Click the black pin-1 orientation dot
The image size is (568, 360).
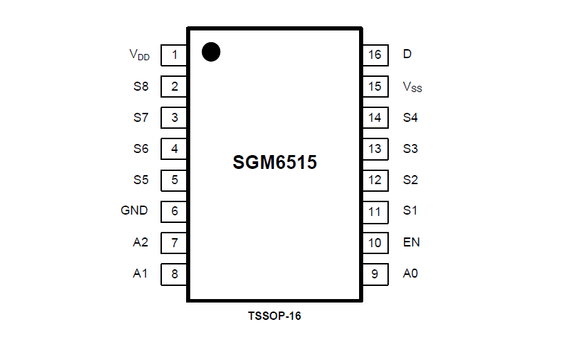click(x=211, y=52)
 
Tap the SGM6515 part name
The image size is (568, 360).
click(x=275, y=163)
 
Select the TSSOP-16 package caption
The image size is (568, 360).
click(x=275, y=316)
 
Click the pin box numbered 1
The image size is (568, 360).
click(x=174, y=55)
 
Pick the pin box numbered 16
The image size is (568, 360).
click(x=374, y=55)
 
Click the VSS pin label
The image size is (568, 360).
click(x=412, y=87)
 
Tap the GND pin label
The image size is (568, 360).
click(x=134, y=210)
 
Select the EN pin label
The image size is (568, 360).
click(x=412, y=242)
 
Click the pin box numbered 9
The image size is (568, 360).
click(x=374, y=273)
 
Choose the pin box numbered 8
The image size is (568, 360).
click(x=174, y=273)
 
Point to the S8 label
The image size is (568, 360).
click(x=141, y=87)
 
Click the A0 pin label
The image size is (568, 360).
click(x=410, y=273)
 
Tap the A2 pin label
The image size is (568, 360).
click(x=140, y=242)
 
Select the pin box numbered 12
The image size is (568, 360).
click(x=374, y=180)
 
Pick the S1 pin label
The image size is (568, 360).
click(x=410, y=210)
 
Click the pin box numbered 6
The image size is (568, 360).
click(x=174, y=211)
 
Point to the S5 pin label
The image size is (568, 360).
click(x=141, y=180)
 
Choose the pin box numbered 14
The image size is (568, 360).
click(x=374, y=118)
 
